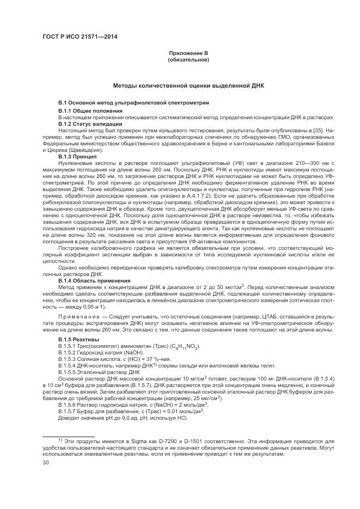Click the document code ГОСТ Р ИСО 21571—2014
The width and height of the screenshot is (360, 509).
pos(80,37)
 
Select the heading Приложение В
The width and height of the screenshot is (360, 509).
pos(188,53)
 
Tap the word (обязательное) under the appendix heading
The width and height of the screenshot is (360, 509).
pos(188,59)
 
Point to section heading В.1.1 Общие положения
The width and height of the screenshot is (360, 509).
pos(91,111)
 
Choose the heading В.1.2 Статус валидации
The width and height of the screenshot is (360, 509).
pos(90,124)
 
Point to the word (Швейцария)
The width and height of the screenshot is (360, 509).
pos(86,150)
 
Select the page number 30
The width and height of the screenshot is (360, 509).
pos(46,462)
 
